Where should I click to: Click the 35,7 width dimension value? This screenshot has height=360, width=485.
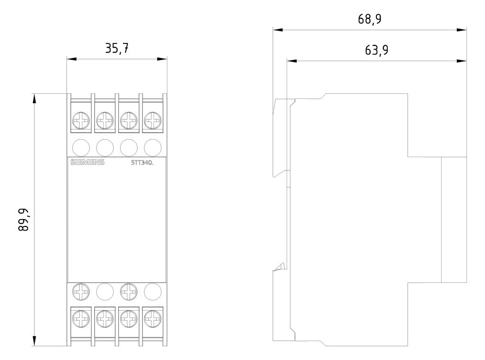(x=117, y=48)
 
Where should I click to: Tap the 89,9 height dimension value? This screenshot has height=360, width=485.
(x=24, y=220)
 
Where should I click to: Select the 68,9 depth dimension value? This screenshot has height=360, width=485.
(x=369, y=19)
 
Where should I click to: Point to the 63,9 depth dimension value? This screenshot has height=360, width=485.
(x=376, y=50)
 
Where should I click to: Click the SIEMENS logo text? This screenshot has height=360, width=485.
(x=87, y=162)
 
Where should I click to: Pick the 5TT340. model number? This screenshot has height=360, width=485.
(x=142, y=163)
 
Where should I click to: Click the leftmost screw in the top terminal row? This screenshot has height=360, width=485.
(x=81, y=121)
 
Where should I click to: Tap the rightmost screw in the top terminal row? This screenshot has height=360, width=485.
(x=153, y=121)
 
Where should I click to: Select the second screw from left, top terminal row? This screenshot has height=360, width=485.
(x=105, y=121)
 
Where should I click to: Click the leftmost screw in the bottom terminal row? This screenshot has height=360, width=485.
(x=81, y=318)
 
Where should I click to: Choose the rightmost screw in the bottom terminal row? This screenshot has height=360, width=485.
(x=153, y=318)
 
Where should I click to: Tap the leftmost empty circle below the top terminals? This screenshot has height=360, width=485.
(x=81, y=148)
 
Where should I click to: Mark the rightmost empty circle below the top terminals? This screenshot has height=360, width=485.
(x=153, y=148)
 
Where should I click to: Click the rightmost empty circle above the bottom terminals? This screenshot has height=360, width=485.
(x=153, y=291)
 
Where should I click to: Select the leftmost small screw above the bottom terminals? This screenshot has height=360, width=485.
(x=81, y=291)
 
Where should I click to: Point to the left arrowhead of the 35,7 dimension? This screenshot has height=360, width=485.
(x=72, y=59)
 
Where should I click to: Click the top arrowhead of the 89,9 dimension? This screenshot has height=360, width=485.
(x=34, y=98)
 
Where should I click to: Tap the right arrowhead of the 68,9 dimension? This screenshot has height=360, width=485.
(x=461, y=30)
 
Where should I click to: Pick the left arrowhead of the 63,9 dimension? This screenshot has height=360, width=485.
(x=292, y=61)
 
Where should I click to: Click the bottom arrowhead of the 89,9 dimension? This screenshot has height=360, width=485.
(x=34, y=341)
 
